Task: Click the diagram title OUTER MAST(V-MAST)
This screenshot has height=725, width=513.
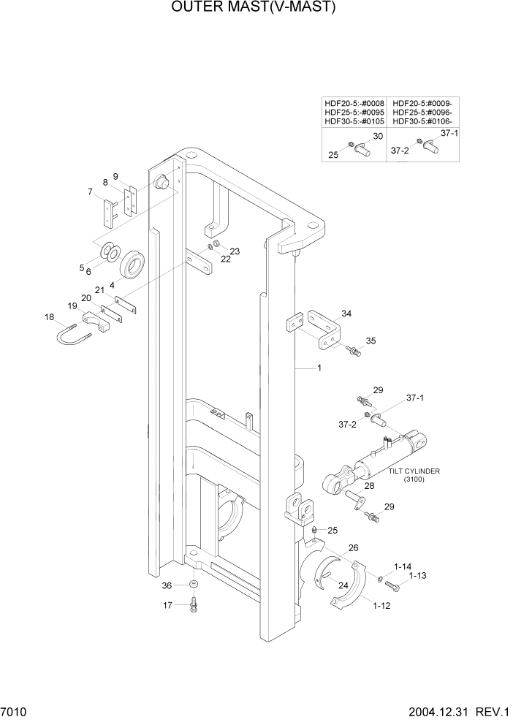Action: click(254, 8)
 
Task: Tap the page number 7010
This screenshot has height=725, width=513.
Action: click(15, 712)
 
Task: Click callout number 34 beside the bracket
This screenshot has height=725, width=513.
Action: click(346, 314)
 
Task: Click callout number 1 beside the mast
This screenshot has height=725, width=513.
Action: click(319, 369)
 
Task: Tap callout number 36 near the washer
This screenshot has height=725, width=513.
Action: click(166, 585)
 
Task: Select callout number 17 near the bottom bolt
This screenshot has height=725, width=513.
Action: click(167, 604)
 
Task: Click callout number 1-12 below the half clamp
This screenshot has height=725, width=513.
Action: click(382, 606)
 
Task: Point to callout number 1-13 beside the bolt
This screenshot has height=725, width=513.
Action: click(417, 576)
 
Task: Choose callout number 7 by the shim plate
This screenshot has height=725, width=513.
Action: click(90, 192)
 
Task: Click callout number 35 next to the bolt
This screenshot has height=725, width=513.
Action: click(370, 341)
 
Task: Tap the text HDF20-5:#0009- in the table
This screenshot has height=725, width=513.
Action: click(422, 104)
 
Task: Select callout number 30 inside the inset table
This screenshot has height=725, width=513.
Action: click(378, 136)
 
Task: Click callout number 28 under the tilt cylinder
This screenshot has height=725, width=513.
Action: click(369, 486)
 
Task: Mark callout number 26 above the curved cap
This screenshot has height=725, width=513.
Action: click(353, 547)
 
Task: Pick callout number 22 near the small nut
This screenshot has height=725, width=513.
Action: click(225, 259)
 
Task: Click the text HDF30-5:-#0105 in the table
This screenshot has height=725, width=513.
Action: click(354, 121)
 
